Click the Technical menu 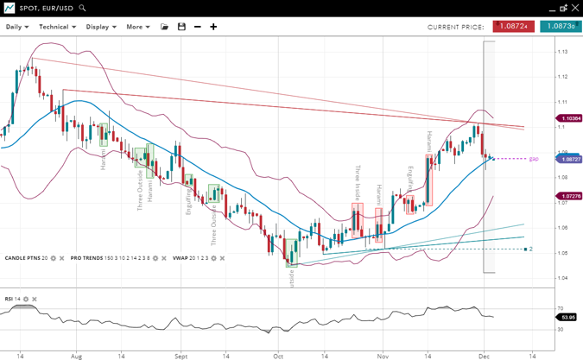point(57,27)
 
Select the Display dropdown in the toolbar point(101,27)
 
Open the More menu point(137,27)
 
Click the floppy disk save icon point(181,27)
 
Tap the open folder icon point(165,27)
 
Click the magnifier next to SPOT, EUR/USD point(83,8)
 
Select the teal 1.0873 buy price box point(561,27)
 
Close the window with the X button point(575,8)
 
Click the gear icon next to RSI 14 point(26,300)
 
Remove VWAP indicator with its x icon point(222,258)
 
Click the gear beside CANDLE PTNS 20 point(54,258)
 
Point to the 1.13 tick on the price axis point(562,52)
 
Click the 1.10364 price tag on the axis point(570,118)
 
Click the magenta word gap point(534,159)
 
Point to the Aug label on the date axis point(76,355)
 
